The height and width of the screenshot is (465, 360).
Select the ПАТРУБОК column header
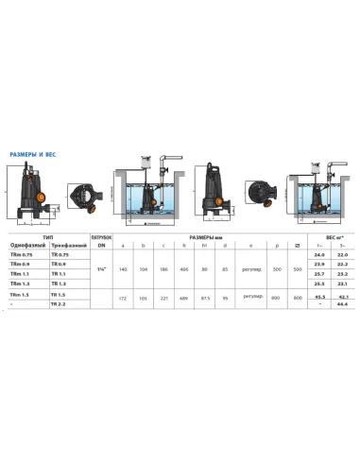pos(101,237)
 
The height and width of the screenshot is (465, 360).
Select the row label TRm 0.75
pos(22,255)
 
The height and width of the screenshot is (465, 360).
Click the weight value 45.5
pos(320,297)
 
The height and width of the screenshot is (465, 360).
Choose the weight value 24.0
pos(320,255)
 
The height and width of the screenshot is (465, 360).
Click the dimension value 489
pos(183,297)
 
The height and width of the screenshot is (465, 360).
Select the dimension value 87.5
pos(204,297)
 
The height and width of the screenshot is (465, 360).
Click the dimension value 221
pos(163,297)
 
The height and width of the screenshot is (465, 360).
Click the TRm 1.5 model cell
pos(21,295)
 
